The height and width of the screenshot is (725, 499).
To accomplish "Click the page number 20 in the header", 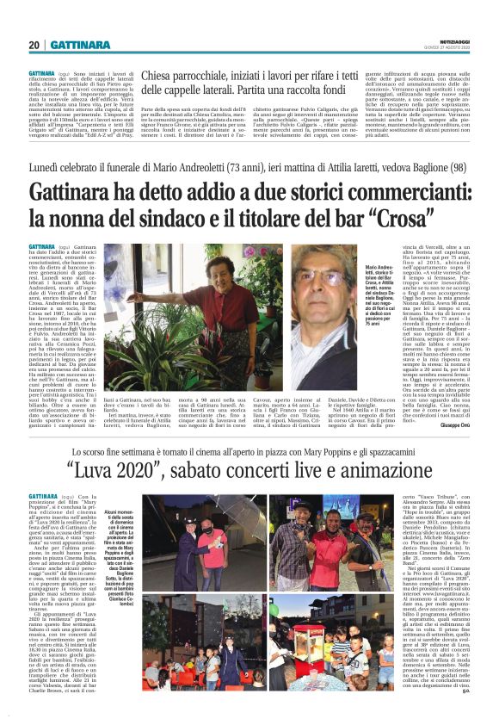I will (34, 44).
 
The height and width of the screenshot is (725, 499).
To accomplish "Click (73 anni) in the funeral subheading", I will (257, 164).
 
